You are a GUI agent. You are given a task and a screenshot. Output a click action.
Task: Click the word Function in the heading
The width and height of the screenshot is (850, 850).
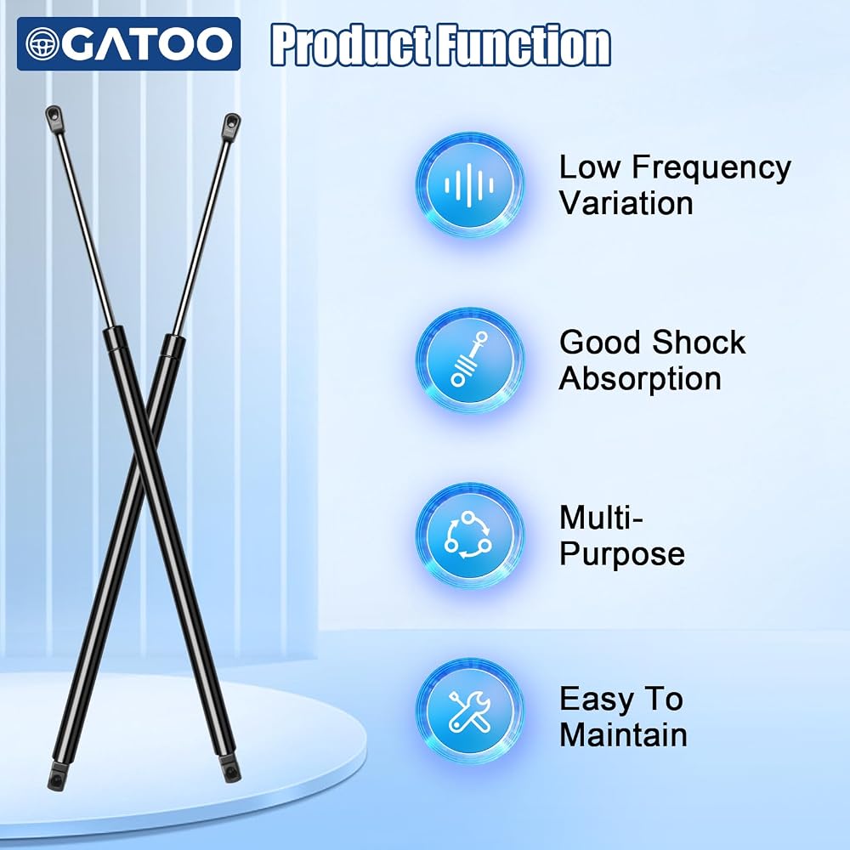click(524, 45)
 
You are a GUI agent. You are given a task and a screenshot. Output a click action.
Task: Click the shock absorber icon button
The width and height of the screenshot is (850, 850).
click(469, 360)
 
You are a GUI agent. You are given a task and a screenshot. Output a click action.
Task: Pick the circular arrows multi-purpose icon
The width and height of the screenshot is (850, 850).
click(469, 535)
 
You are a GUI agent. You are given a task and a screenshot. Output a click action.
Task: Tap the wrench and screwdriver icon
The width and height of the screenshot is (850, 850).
click(469, 711)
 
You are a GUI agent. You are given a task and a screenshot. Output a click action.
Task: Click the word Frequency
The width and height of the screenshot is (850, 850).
click(711, 168)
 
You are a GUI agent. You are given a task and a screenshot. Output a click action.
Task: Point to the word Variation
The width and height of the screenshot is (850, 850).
click(626, 203)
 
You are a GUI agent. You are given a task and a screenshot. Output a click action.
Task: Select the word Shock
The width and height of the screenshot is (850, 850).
click(699, 343)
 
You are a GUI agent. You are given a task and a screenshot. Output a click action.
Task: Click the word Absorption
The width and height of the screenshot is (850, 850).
click(640, 379)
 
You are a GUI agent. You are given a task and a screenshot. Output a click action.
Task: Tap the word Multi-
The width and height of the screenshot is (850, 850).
click(601, 518)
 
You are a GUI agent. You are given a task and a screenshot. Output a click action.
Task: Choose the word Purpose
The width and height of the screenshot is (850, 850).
click(622, 554)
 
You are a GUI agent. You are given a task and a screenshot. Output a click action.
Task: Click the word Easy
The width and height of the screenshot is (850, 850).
click(593, 700)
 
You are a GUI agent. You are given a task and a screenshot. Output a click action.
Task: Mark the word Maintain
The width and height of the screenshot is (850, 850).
click(623, 735)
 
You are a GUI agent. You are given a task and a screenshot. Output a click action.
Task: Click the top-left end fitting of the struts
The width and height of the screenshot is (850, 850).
click(54, 119)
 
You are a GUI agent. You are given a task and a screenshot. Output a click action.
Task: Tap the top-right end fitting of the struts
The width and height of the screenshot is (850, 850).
click(230, 126)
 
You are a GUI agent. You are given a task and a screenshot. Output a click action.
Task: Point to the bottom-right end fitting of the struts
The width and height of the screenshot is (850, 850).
click(229, 768)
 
